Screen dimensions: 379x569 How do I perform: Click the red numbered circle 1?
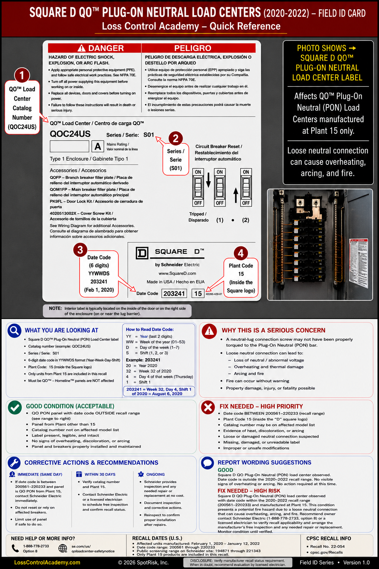tap(22, 75)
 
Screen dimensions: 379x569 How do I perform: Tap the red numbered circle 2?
tap(175, 139)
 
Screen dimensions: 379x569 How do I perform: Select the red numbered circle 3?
tap(80, 250)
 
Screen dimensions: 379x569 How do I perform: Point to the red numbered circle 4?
tap(241, 253)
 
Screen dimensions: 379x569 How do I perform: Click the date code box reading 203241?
tap(174, 293)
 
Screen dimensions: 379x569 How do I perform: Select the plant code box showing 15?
tap(198, 293)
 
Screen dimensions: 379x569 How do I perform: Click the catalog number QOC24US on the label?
tap(70, 134)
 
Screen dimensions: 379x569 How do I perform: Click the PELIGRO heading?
tap(193, 48)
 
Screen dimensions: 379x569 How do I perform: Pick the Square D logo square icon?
tap(142, 253)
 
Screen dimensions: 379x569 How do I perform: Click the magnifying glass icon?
tap(14, 330)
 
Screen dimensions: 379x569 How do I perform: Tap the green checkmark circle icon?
tap(15, 407)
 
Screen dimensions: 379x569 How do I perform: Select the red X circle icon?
tap(208, 407)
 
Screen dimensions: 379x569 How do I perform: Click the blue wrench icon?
tap(14, 463)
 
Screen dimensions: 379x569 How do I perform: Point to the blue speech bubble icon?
tap(207, 463)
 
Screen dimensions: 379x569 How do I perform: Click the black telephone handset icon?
tap(15, 548)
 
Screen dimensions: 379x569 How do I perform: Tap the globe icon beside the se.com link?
tap(63, 548)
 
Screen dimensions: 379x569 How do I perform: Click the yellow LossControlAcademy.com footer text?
tap(47, 563)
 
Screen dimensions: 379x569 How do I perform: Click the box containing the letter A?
tap(98, 146)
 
